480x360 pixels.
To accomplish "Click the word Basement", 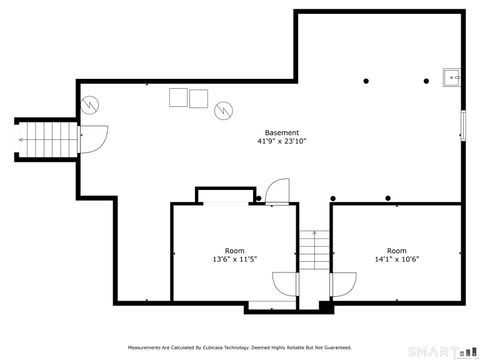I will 281,133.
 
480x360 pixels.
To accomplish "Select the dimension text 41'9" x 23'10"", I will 281,142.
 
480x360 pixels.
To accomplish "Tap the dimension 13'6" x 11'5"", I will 235,259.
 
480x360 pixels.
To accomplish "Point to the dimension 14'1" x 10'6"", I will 396,259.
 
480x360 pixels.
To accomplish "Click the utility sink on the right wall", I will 452,76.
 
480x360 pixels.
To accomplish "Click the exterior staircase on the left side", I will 50,139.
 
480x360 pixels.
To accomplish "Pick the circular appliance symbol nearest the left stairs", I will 91,103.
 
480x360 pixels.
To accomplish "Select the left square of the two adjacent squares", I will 179,96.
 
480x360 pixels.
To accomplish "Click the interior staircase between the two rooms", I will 314,249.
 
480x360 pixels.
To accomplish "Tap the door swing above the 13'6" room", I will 278,191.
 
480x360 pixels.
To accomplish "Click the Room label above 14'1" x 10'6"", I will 396,250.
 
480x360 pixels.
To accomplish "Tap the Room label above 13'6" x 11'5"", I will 235,250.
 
